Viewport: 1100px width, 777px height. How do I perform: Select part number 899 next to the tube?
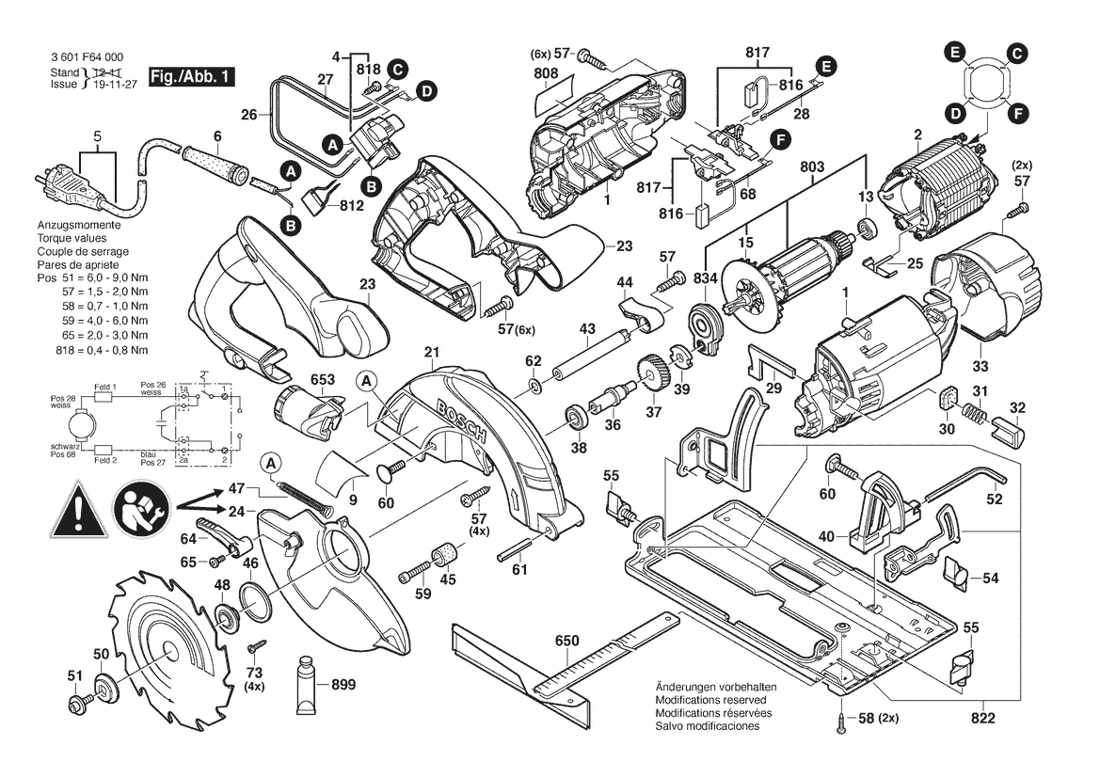click(x=343, y=685)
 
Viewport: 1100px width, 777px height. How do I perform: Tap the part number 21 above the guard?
click(x=432, y=354)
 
